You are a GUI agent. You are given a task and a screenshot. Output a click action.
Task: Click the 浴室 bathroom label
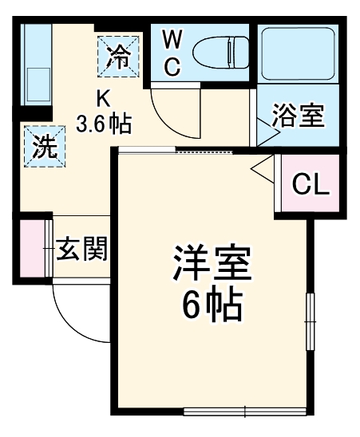pos(298,116)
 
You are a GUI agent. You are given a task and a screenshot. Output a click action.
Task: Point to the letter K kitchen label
pos(103,98)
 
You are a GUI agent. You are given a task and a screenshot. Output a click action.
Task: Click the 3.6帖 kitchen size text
pos(104,124)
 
